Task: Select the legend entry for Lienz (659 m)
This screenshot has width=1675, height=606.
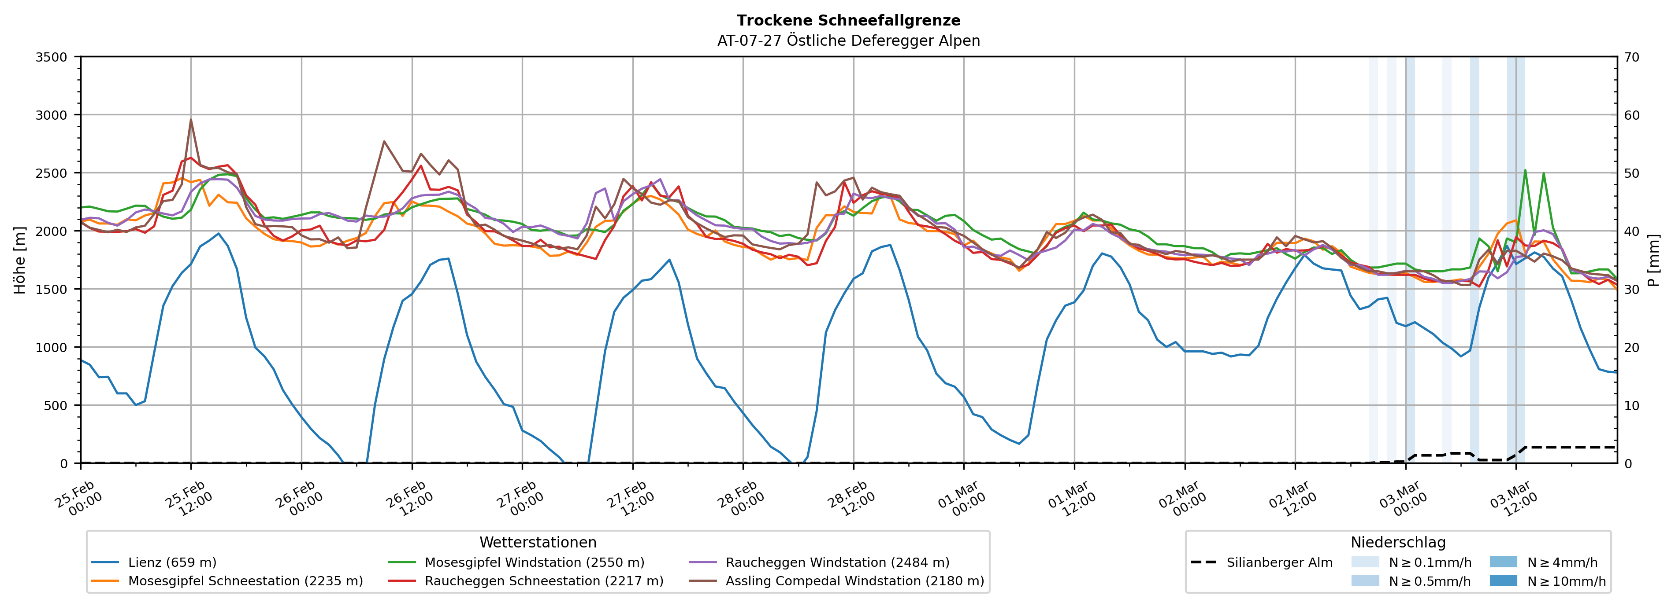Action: (x=172, y=562)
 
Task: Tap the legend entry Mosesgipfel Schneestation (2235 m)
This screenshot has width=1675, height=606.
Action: (x=245, y=580)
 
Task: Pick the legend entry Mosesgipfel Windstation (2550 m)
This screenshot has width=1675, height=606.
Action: (x=534, y=562)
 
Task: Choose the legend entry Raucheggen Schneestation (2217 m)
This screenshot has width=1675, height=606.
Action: (x=544, y=580)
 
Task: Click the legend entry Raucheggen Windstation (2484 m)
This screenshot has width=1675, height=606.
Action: (x=837, y=562)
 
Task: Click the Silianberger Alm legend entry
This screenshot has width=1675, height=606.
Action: (x=1279, y=562)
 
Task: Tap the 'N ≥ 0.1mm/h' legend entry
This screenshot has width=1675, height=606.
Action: (x=1429, y=562)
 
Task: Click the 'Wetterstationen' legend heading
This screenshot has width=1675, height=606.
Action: (x=538, y=542)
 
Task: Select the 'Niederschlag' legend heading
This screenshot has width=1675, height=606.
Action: (x=1398, y=542)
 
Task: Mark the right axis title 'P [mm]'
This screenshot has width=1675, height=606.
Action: (x=1653, y=260)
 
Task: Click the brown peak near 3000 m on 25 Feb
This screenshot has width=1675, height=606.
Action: (x=190, y=120)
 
